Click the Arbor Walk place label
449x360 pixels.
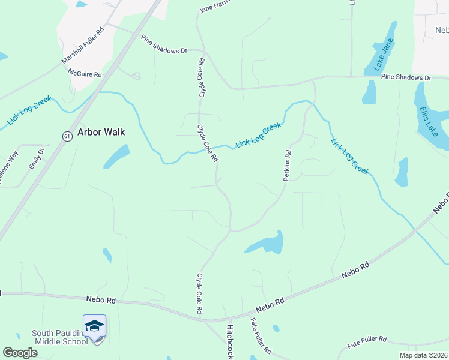click(101, 132)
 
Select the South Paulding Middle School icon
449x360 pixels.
click(94, 326)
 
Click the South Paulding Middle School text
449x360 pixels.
click(59, 337)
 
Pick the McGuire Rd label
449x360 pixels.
click(85, 73)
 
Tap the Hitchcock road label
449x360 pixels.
click(229, 342)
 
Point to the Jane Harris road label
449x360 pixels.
click(214, 8)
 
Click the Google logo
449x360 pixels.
click(20, 353)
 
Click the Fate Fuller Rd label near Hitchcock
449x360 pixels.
click(261, 335)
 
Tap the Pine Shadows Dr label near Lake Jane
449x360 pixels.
click(406, 77)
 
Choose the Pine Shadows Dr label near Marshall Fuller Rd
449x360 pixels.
click(164, 44)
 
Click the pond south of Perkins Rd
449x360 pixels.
click(268, 243)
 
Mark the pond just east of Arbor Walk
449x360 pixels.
click(116, 156)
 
